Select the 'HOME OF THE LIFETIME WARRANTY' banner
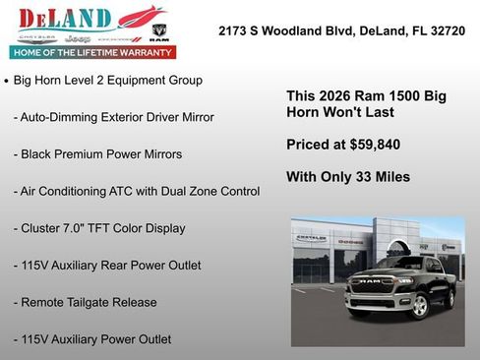click(91, 51)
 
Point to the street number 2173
click(234, 31)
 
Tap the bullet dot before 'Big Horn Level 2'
click(7, 80)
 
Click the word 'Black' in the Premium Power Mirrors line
click(38, 153)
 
